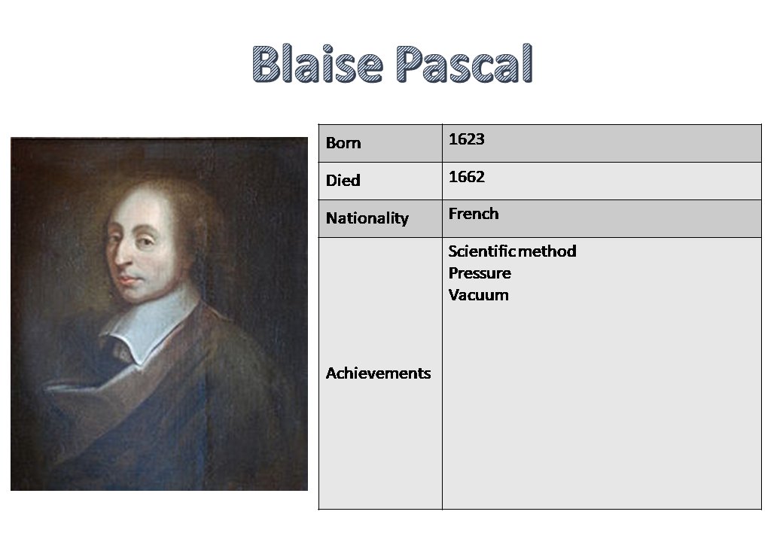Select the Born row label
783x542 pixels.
click(343, 143)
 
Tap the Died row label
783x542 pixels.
click(343, 181)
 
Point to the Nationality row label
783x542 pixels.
click(367, 218)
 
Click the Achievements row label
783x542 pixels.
click(378, 373)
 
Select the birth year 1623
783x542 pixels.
click(466, 139)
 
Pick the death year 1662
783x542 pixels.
click(466, 177)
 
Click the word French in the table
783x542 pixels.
click(474, 214)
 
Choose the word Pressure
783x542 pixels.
click(480, 273)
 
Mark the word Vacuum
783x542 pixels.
click(478, 295)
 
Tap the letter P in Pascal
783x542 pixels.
click(413, 64)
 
